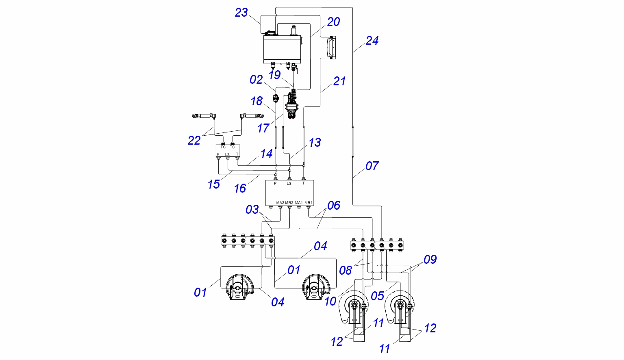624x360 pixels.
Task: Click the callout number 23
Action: [x=241, y=13]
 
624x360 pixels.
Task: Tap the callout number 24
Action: [x=372, y=41]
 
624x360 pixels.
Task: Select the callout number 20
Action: [x=333, y=22]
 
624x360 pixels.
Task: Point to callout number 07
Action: [x=372, y=166]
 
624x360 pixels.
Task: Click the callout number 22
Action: [x=194, y=141]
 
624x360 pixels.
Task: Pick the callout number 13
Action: [x=315, y=143]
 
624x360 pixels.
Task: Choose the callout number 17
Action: [x=263, y=128]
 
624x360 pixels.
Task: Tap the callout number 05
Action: [x=378, y=296]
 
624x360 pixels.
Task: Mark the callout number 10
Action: [x=330, y=301]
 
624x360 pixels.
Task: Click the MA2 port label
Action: [x=280, y=203]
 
